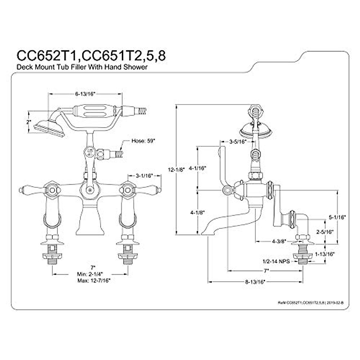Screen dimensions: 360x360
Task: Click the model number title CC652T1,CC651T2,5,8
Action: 90,55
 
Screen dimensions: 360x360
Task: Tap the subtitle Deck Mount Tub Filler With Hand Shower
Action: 82,67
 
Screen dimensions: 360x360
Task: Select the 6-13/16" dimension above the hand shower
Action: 85,94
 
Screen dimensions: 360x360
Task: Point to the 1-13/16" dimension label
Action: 325,254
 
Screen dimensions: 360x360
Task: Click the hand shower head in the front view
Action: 49,128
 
